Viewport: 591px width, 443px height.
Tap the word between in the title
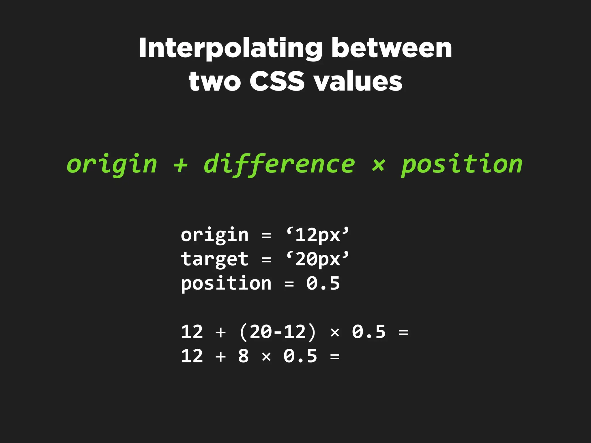[392, 48]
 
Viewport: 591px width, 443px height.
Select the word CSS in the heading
[277, 81]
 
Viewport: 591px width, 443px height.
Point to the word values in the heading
[358, 81]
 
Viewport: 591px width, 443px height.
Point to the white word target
[214, 259]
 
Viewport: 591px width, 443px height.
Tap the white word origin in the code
[214, 235]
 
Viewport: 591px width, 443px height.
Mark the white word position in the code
[226, 284]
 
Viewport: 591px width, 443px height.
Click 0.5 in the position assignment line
[323, 283]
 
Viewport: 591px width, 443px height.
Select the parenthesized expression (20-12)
[278, 332]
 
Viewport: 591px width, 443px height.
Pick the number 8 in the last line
[243, 356]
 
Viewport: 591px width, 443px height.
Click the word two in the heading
[214, 81]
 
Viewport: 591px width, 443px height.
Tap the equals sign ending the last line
[335, 357]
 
